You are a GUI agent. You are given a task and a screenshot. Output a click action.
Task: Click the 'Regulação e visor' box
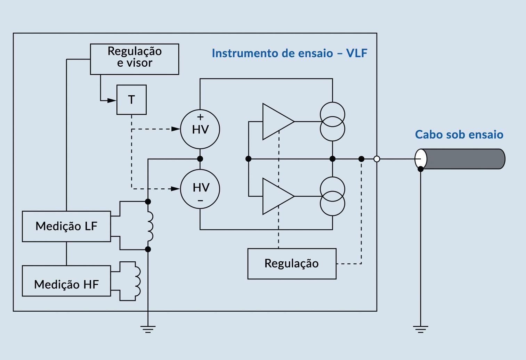tap(134, 59)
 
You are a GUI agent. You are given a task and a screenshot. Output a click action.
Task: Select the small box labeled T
tap(131, 100)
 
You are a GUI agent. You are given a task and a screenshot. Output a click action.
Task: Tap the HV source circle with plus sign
tap(200, 129)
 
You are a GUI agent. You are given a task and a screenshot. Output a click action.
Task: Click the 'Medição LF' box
tap(66, 226)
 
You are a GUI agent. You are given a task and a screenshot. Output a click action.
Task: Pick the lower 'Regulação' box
tap(292, 263)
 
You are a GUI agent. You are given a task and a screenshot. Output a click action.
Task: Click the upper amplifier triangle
tap(276, 122)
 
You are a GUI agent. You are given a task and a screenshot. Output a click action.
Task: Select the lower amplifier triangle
tap(276, 196)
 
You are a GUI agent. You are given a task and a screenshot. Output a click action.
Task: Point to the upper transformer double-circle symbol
tap(332, 122)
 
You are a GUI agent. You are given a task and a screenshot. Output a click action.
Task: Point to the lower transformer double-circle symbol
tap(332, 196)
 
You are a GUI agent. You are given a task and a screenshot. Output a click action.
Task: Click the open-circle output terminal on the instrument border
tap(377, 159)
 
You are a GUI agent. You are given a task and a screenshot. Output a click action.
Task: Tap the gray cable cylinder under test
tap(462, 159)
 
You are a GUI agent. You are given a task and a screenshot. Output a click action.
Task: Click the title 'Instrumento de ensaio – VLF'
tap(289, 53)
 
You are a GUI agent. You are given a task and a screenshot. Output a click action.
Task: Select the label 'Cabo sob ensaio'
tap(459, 134)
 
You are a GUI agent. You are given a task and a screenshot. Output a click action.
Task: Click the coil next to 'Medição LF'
tap(150, 226)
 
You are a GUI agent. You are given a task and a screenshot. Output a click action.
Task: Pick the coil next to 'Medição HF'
tap(138, 281)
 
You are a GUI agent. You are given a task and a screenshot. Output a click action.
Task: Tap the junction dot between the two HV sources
tap(200, 159)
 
